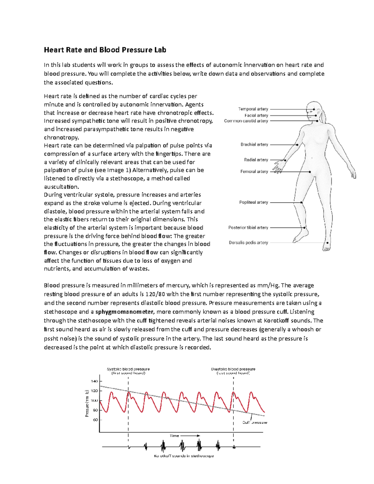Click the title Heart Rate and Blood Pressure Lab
pyautogui.click(x=105, y=50)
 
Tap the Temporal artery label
pyautogui.click(x=253, y=109)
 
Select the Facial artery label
pyautogui.click(x=256, y=115)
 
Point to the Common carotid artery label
pyautogui.click(x=246, y=121)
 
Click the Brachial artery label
pyautogui.click(x=254, y=145)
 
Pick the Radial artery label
pyautogui.click(x=256, y=160)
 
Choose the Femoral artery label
pyautogui.click(x=254, y=171)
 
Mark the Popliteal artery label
pyautogui.click(x=253, y=202)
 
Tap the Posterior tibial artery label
pyautogui.click(x=248, y=228)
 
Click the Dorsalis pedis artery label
pyautogui.click(x=248, y=242)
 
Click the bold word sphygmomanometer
pyautogui.click(x=124, y=312)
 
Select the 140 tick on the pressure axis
pyautogui.click(x=94, y=381)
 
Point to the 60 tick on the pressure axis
pyautogui.click(x=95, y=420)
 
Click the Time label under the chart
pyautogui.click(x=175, y=436)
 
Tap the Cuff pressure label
pyautogui.click(x=255, y=423)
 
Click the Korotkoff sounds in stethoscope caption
pyautogui.click(x=184, y=456)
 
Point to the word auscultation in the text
pyautogui.click(x=61, y=187)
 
